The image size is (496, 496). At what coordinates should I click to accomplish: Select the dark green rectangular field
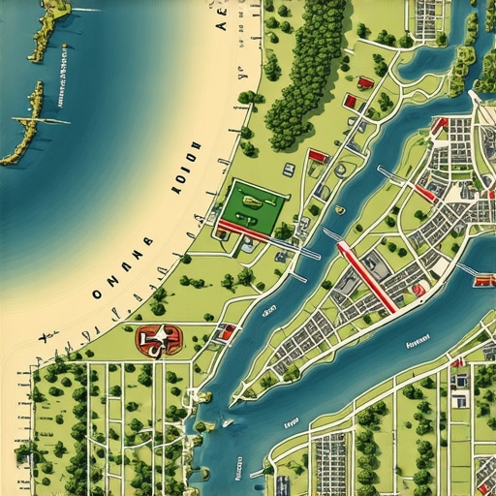(255, 205)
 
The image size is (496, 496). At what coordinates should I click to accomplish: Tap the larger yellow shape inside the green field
(252, 202)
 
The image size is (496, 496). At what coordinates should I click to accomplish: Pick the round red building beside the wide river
(419, 289)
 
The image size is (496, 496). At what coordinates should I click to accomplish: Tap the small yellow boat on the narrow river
(339, 209)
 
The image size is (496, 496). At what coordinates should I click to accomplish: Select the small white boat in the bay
(227, 422)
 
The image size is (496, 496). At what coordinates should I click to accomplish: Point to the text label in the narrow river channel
(292, 423)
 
